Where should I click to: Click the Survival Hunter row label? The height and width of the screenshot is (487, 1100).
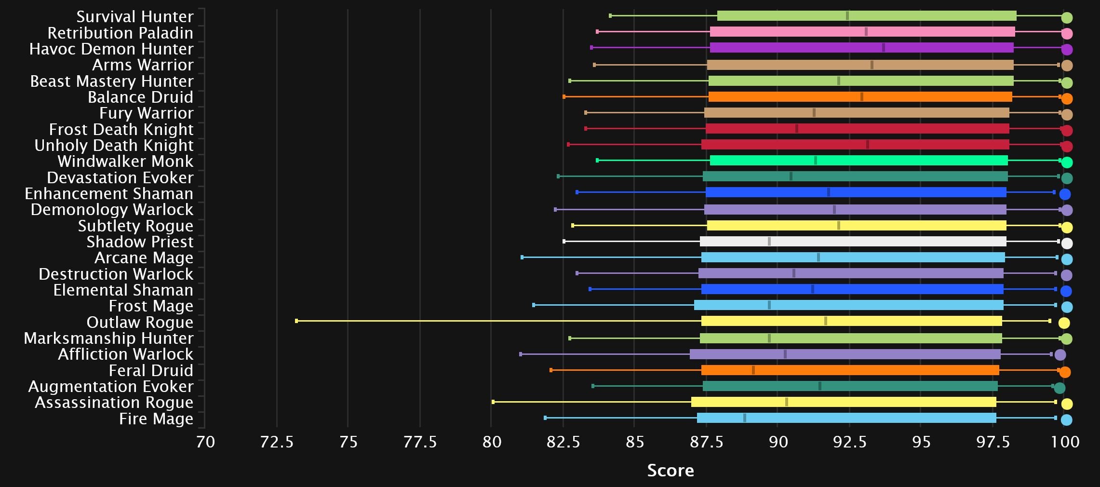(x=134, y=17)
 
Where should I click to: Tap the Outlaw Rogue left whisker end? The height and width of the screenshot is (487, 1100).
(x=296, y=321)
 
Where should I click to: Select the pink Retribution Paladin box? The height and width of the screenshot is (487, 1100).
(x=862, y=32)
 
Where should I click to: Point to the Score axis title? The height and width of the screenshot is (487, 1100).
(x=670, y=470)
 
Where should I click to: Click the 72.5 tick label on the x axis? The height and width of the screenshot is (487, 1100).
(x=277, y=442)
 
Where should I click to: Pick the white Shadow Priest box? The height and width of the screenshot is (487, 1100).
(x=853, y=241)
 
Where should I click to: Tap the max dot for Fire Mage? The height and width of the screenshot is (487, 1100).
(x=1066, y=419)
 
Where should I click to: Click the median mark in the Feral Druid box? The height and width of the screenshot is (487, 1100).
(x=753, y=370)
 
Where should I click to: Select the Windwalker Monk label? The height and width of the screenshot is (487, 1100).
(x=125, y=161)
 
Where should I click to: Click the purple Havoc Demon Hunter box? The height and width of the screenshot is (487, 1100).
(x=861, y=48)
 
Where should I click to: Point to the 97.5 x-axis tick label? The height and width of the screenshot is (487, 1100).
(x=993, y=442)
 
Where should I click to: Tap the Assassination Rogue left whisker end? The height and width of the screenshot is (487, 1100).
(x=493, y=402)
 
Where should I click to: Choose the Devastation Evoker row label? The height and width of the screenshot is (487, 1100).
(x=120, y=177)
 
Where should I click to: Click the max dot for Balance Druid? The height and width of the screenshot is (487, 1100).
(x=1067, y=98)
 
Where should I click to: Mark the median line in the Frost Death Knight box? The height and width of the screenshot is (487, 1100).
(x=796, y=128)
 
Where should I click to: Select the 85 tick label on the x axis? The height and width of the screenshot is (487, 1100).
(x=634, y=442)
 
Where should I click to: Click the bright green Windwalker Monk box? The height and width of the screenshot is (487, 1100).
(x=859, y=160)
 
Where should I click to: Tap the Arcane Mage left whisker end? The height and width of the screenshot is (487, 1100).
(x=522, y=257)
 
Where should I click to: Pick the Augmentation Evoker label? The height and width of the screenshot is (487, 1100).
(x=110, y=386)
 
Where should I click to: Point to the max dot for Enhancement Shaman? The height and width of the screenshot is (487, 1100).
(x=1065, y=194)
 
